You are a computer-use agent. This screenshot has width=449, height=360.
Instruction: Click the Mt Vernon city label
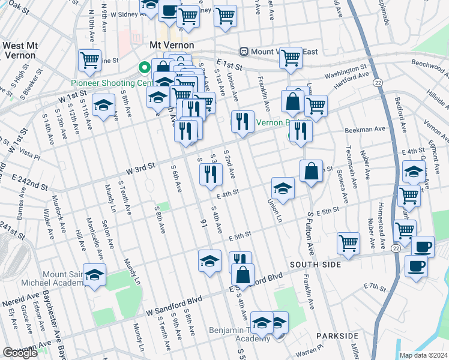172,46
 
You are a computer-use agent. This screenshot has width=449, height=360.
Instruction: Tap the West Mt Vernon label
27,50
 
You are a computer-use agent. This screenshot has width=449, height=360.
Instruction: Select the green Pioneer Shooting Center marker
144,68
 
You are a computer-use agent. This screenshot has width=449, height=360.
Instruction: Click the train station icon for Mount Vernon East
244,52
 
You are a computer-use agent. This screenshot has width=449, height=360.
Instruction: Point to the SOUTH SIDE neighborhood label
316,264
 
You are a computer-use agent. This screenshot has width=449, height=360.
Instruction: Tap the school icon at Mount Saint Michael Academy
94,275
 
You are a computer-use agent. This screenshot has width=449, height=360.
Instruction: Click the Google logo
19,353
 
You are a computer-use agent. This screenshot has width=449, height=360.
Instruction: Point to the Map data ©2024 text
424,355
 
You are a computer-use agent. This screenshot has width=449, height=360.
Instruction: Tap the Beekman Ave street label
364,129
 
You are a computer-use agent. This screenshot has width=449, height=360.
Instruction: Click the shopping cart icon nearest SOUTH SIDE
348,242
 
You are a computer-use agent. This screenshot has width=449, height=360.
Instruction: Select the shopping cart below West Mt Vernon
89,59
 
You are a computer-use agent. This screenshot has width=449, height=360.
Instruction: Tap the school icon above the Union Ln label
283,188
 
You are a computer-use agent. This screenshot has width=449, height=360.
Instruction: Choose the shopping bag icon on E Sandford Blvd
243,275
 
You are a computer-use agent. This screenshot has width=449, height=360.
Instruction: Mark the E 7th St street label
375,288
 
